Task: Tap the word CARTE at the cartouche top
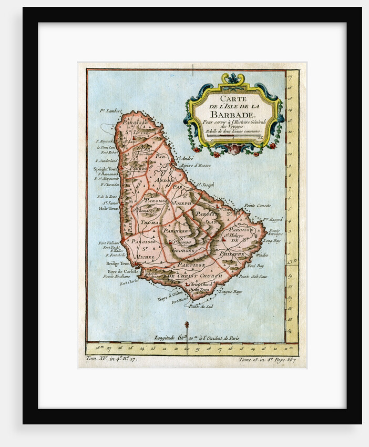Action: coord(233,98)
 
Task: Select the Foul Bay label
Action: coord(255,266)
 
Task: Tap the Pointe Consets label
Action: coord(257,205)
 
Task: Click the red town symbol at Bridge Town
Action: coord(134,264)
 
